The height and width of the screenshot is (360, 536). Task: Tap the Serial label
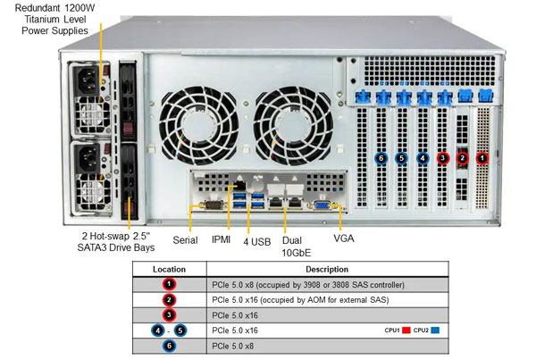click(185, 240)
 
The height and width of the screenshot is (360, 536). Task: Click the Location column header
click(169, 268)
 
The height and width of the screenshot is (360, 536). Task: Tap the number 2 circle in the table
click(169, 299)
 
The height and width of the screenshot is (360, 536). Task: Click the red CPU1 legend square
click(406, 331)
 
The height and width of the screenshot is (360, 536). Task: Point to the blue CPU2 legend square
click(435, 331)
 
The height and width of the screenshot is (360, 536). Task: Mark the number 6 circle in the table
click(169, 346)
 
